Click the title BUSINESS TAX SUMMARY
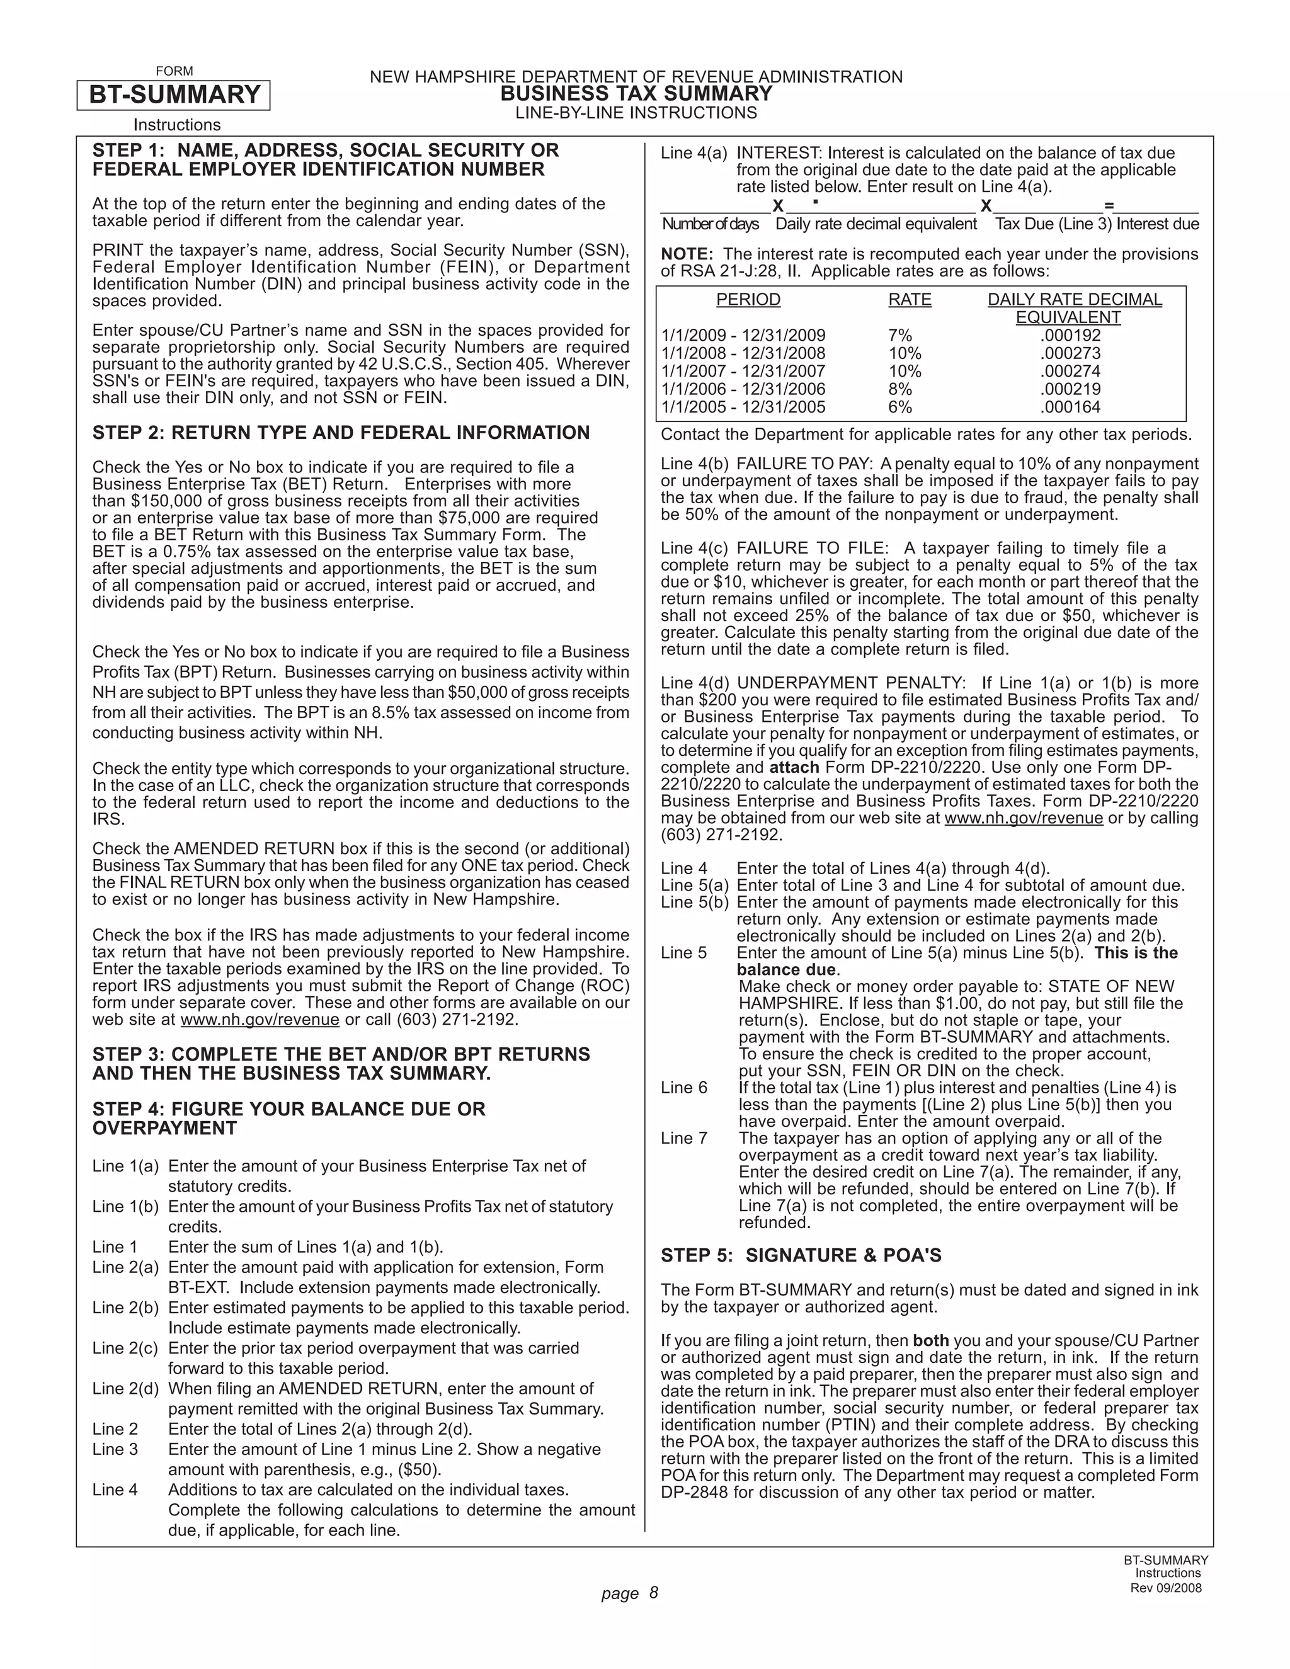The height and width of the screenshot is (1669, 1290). pos(636,94)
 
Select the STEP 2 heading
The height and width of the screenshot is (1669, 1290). pos(341,433)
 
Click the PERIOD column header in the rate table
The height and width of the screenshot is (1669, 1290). pos(748,300)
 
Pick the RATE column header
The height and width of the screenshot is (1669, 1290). pos(910,300)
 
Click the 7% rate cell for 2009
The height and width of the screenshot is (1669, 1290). pos(900,336)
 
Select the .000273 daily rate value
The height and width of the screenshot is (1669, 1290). pos(1070,354)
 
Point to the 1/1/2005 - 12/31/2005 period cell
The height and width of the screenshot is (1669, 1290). pos(743,407)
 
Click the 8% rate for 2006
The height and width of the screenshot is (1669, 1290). pos(900,390)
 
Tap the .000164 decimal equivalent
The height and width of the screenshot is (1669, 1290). pos(1070,407)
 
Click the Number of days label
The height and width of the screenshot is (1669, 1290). pos(710,224)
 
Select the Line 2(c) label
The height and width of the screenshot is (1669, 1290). pos(125,1348)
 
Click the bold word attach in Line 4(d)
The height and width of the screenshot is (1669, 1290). pos(794,767)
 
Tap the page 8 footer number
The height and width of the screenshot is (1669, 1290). pos(629,1593)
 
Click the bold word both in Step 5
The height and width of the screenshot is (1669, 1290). pos(930,1340)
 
